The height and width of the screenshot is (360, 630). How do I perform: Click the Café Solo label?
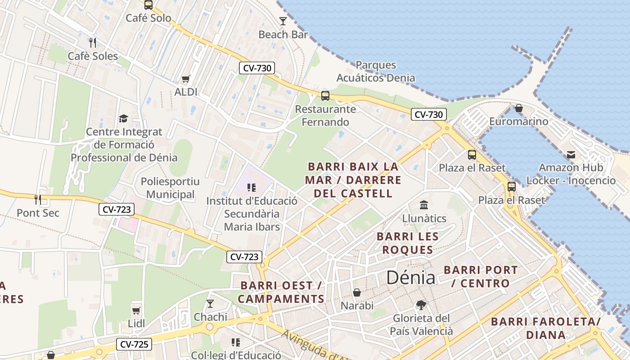pyautogui.click(x=148, y=18)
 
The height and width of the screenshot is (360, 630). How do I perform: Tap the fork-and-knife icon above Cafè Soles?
pyautogui.click(x=93, y=43)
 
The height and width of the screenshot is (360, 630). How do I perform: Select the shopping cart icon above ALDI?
pyautogui.click(x=186, y=79)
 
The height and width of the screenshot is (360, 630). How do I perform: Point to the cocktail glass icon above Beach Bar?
pyautogui.click(x=283, y=21)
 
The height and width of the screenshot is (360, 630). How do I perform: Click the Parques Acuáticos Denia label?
pyautogui.click(x=376, y=72)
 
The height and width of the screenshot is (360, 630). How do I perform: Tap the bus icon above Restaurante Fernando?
pyautogui.click(x=325, y=95)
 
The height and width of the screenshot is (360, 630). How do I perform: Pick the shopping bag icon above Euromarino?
pyautogui.click(x=519, y=108)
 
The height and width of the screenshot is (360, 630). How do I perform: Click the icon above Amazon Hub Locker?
pyautogui.click(x=571, y=155)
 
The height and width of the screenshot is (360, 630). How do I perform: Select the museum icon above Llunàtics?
pyautogui.click(x=424, y=205)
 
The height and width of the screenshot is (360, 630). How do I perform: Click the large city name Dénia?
pyautogui.click(x=411, y=278)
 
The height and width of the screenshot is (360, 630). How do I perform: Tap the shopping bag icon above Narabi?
pyautogui.click(x=357, y=292)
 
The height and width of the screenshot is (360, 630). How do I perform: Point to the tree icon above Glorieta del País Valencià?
pyautogui.click(x=421, y=305)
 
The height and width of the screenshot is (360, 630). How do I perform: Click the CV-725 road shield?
pyautogui.click(x=134, y=345)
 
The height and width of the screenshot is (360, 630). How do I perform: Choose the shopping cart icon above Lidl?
pyautogui.click(x=136, y=310)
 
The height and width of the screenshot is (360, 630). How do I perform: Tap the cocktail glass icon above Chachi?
pyautogui.click(x=210, y=304)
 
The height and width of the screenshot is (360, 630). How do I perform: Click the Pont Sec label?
pyautogui.click(x=38, y=213)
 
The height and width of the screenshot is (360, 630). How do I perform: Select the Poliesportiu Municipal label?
pyautogui.click(x=170, y=188)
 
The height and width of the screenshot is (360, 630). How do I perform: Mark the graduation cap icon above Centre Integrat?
pyautogui.click(x=123, y=118)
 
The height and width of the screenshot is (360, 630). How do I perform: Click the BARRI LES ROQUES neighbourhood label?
pyautogui.click(x=408, y=243)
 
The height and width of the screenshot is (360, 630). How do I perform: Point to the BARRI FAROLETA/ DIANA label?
pyautogui.click(x=546, y=328)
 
